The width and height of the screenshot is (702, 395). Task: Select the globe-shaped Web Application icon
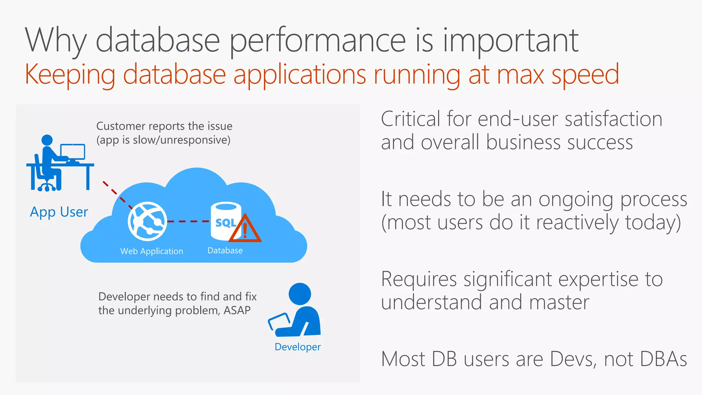147,221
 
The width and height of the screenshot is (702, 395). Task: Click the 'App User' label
59,212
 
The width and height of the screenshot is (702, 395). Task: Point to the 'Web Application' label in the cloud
152,251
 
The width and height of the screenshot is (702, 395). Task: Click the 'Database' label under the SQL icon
225,250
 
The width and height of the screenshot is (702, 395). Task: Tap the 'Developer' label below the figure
298,347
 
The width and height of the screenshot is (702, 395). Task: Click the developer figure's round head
300,294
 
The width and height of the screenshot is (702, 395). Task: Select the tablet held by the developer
279,321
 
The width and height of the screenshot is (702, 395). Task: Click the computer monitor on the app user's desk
73,152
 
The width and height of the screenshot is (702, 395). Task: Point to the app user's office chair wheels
46,188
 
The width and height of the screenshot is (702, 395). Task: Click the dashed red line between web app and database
189,222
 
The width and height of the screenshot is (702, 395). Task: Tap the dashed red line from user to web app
117,194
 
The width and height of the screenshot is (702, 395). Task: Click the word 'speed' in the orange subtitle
585,74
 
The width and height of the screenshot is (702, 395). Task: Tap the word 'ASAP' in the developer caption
237,310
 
